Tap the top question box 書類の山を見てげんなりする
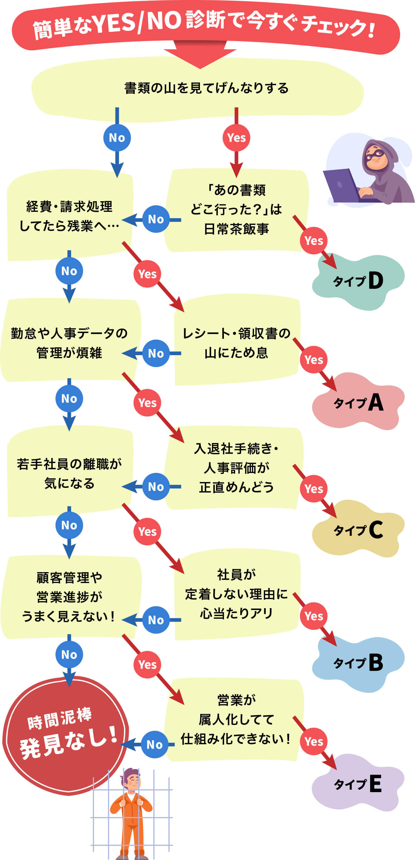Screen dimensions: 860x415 pos(206,88)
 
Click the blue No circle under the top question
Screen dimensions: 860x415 pos(117,138)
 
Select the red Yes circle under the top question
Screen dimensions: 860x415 pos(236,138)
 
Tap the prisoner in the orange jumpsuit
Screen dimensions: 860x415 pos(131,808)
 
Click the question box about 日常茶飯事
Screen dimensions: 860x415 pos(236,209)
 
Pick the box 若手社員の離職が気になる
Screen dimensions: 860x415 pos(69,473)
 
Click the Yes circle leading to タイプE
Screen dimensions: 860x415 pos(313,741)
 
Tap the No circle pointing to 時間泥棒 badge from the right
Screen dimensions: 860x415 pos(154,745)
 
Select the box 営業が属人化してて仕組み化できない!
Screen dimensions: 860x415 pos(236,719)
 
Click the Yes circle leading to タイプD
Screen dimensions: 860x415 pos(313,240)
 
